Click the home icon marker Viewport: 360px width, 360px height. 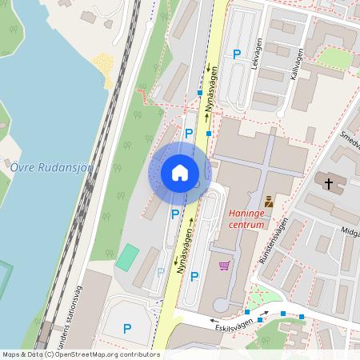coord(179,172)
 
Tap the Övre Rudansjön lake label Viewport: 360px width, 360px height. coord(52,167)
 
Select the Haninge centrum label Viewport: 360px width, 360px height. coord(246,219)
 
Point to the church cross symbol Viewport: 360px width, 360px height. coord(328,184)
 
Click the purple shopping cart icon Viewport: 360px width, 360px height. coord(225,265)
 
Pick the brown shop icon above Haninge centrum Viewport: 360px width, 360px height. coord(268,202)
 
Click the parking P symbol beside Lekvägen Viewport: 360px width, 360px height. coord(236,54)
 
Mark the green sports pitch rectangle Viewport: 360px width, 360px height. coord(126,258)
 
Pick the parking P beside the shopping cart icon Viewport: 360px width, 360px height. coord(194,276)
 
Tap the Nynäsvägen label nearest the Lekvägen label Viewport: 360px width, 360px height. coord(211,94)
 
